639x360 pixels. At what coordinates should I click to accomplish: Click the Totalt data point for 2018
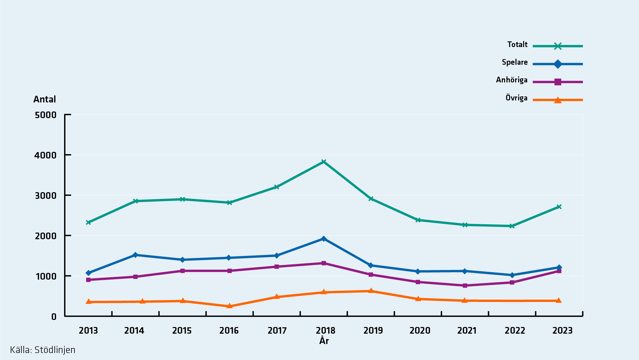(324, 162)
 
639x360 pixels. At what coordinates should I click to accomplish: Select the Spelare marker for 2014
(135, 255)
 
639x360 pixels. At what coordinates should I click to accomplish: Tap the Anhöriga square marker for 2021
(465, 286)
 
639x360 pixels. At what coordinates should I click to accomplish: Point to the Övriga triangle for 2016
(229, 306)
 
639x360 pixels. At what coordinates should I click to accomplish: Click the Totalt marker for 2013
(88, 222)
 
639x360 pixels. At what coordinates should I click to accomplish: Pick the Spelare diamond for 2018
(324, 239)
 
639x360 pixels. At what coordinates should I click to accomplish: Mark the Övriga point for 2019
(371, 291)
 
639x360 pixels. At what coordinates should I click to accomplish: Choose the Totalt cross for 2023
(559, 207)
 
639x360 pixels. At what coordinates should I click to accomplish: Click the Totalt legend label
(517, 45)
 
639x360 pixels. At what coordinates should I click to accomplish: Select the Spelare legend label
(514, 62)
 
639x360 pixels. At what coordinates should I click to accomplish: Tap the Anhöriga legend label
(511, 80)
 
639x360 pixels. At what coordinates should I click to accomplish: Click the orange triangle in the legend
(558, 100)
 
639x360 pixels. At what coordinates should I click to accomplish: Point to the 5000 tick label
(46, 115)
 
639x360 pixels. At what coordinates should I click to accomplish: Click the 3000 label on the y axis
(46, 196)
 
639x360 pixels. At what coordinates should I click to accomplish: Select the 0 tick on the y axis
(54, 317)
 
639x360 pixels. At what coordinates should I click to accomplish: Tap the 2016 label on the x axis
(229, 331)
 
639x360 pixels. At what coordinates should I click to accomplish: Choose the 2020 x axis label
(420, 331)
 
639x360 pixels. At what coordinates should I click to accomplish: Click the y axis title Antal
(45, 99)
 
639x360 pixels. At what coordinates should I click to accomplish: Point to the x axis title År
(324, 341)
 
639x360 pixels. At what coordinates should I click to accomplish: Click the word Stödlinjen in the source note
(55, 350)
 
